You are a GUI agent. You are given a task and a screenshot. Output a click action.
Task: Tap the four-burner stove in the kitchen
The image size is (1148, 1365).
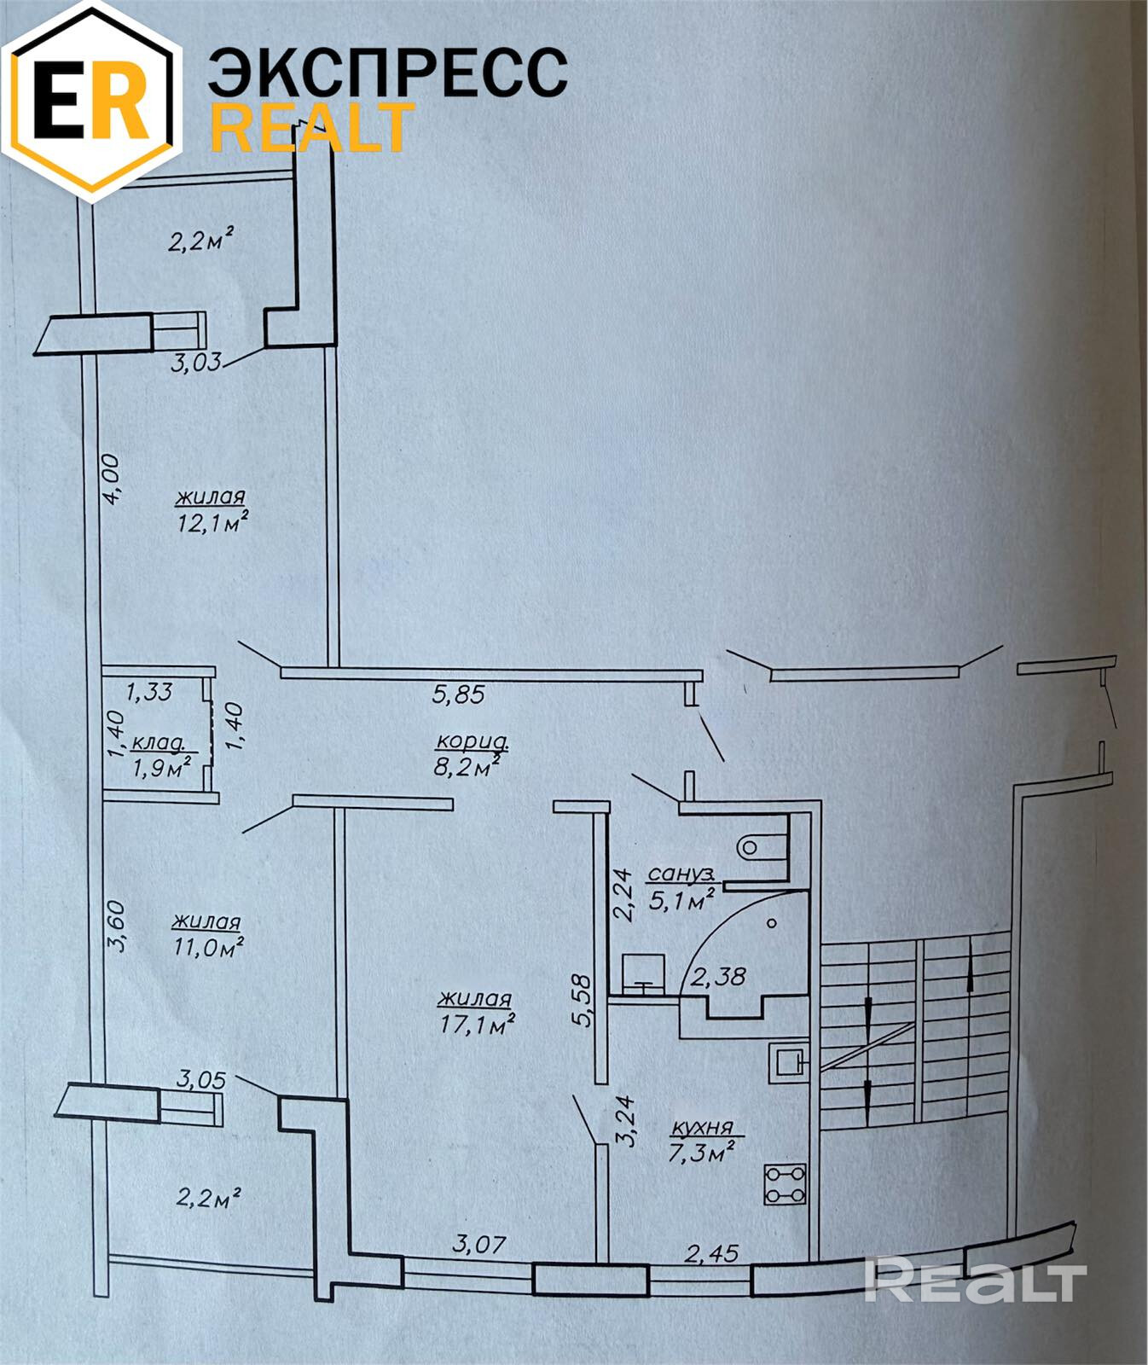(785, 1184)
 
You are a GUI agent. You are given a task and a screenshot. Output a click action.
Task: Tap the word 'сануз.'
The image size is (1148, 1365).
(681, 874)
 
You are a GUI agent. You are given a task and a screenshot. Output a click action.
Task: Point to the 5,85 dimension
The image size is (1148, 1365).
(458, 694)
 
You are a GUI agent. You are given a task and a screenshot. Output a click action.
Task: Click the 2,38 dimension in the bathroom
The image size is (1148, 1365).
(718, 976)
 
